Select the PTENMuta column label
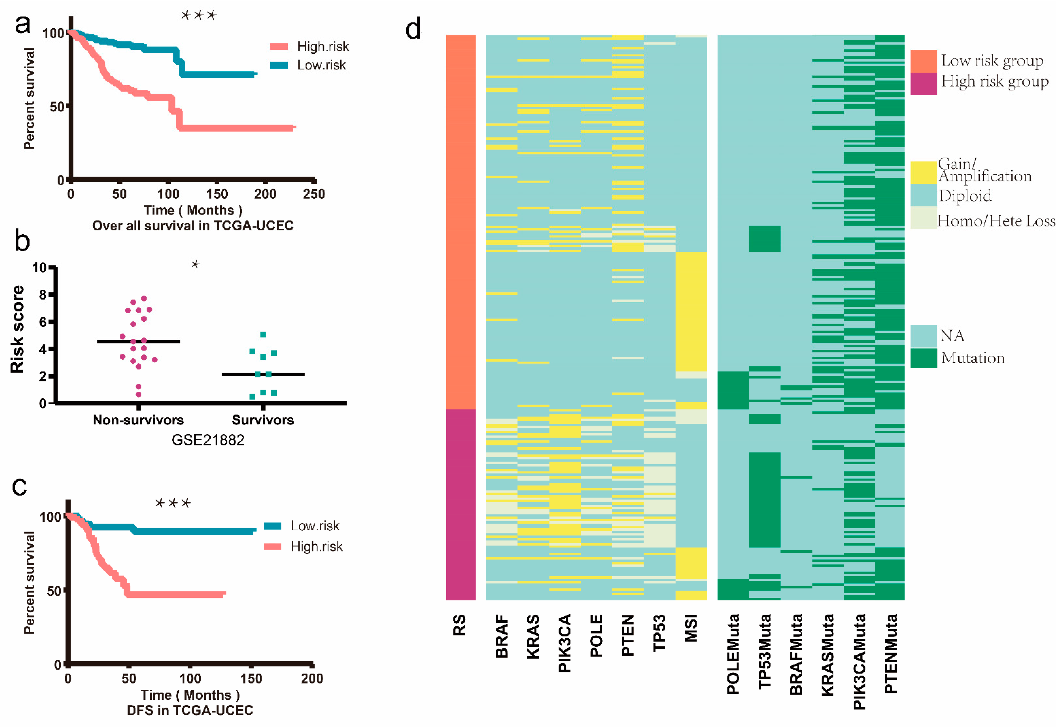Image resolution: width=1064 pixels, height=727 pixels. [x=891, y=654]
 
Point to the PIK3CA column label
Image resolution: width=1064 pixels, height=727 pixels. [x=565, y=643]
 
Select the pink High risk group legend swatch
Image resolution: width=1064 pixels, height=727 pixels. [x=923, y=84]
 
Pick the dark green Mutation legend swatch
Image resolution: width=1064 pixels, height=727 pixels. [x=923, y=358]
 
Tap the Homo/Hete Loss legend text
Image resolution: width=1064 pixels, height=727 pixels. [x=996, y=222]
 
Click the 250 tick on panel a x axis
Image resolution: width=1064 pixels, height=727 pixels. [x=314, y=194]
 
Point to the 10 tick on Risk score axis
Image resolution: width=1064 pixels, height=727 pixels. [x=39, y=268]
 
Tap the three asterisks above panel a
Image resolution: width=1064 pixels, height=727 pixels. [x=199, y=15]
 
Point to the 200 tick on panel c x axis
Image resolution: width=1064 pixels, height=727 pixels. [x=312, y=678]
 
